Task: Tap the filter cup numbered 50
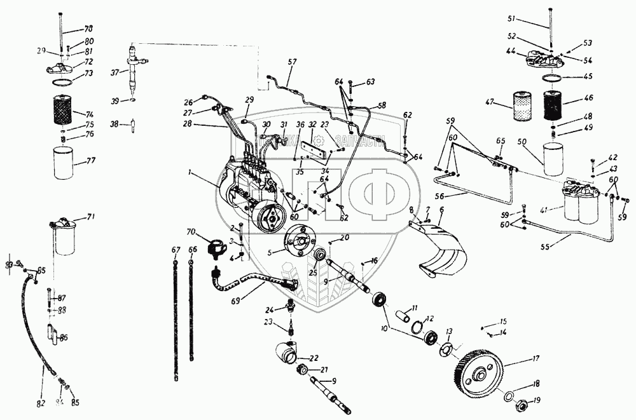(553, 159)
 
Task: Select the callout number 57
(292, 62)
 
